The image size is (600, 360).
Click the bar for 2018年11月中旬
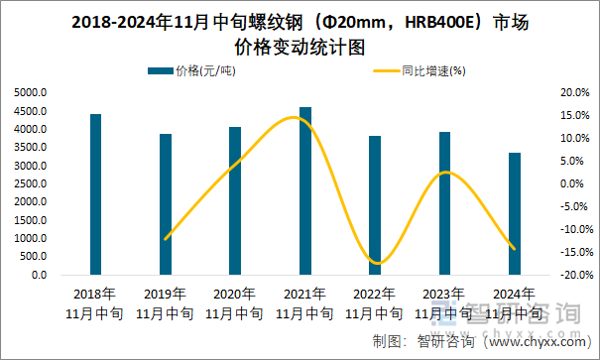(x=95, y=194)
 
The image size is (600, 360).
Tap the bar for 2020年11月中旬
(x=235, y=200)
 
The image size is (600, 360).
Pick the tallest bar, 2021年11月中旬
(x=304, y=190)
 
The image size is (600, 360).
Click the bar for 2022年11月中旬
(x=374, y=205)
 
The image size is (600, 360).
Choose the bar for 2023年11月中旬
(x=444, y=203)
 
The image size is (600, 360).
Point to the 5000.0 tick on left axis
(x=31, y=92)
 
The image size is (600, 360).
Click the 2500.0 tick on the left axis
(x=31, y=183)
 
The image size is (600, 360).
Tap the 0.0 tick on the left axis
(x=39, y=275)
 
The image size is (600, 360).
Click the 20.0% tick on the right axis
(x=574, y=92)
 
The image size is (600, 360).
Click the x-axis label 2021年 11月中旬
(x=304, y=303)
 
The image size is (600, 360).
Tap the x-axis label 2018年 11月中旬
(x=95, y=303)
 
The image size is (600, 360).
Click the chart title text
(x=300, y=33)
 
